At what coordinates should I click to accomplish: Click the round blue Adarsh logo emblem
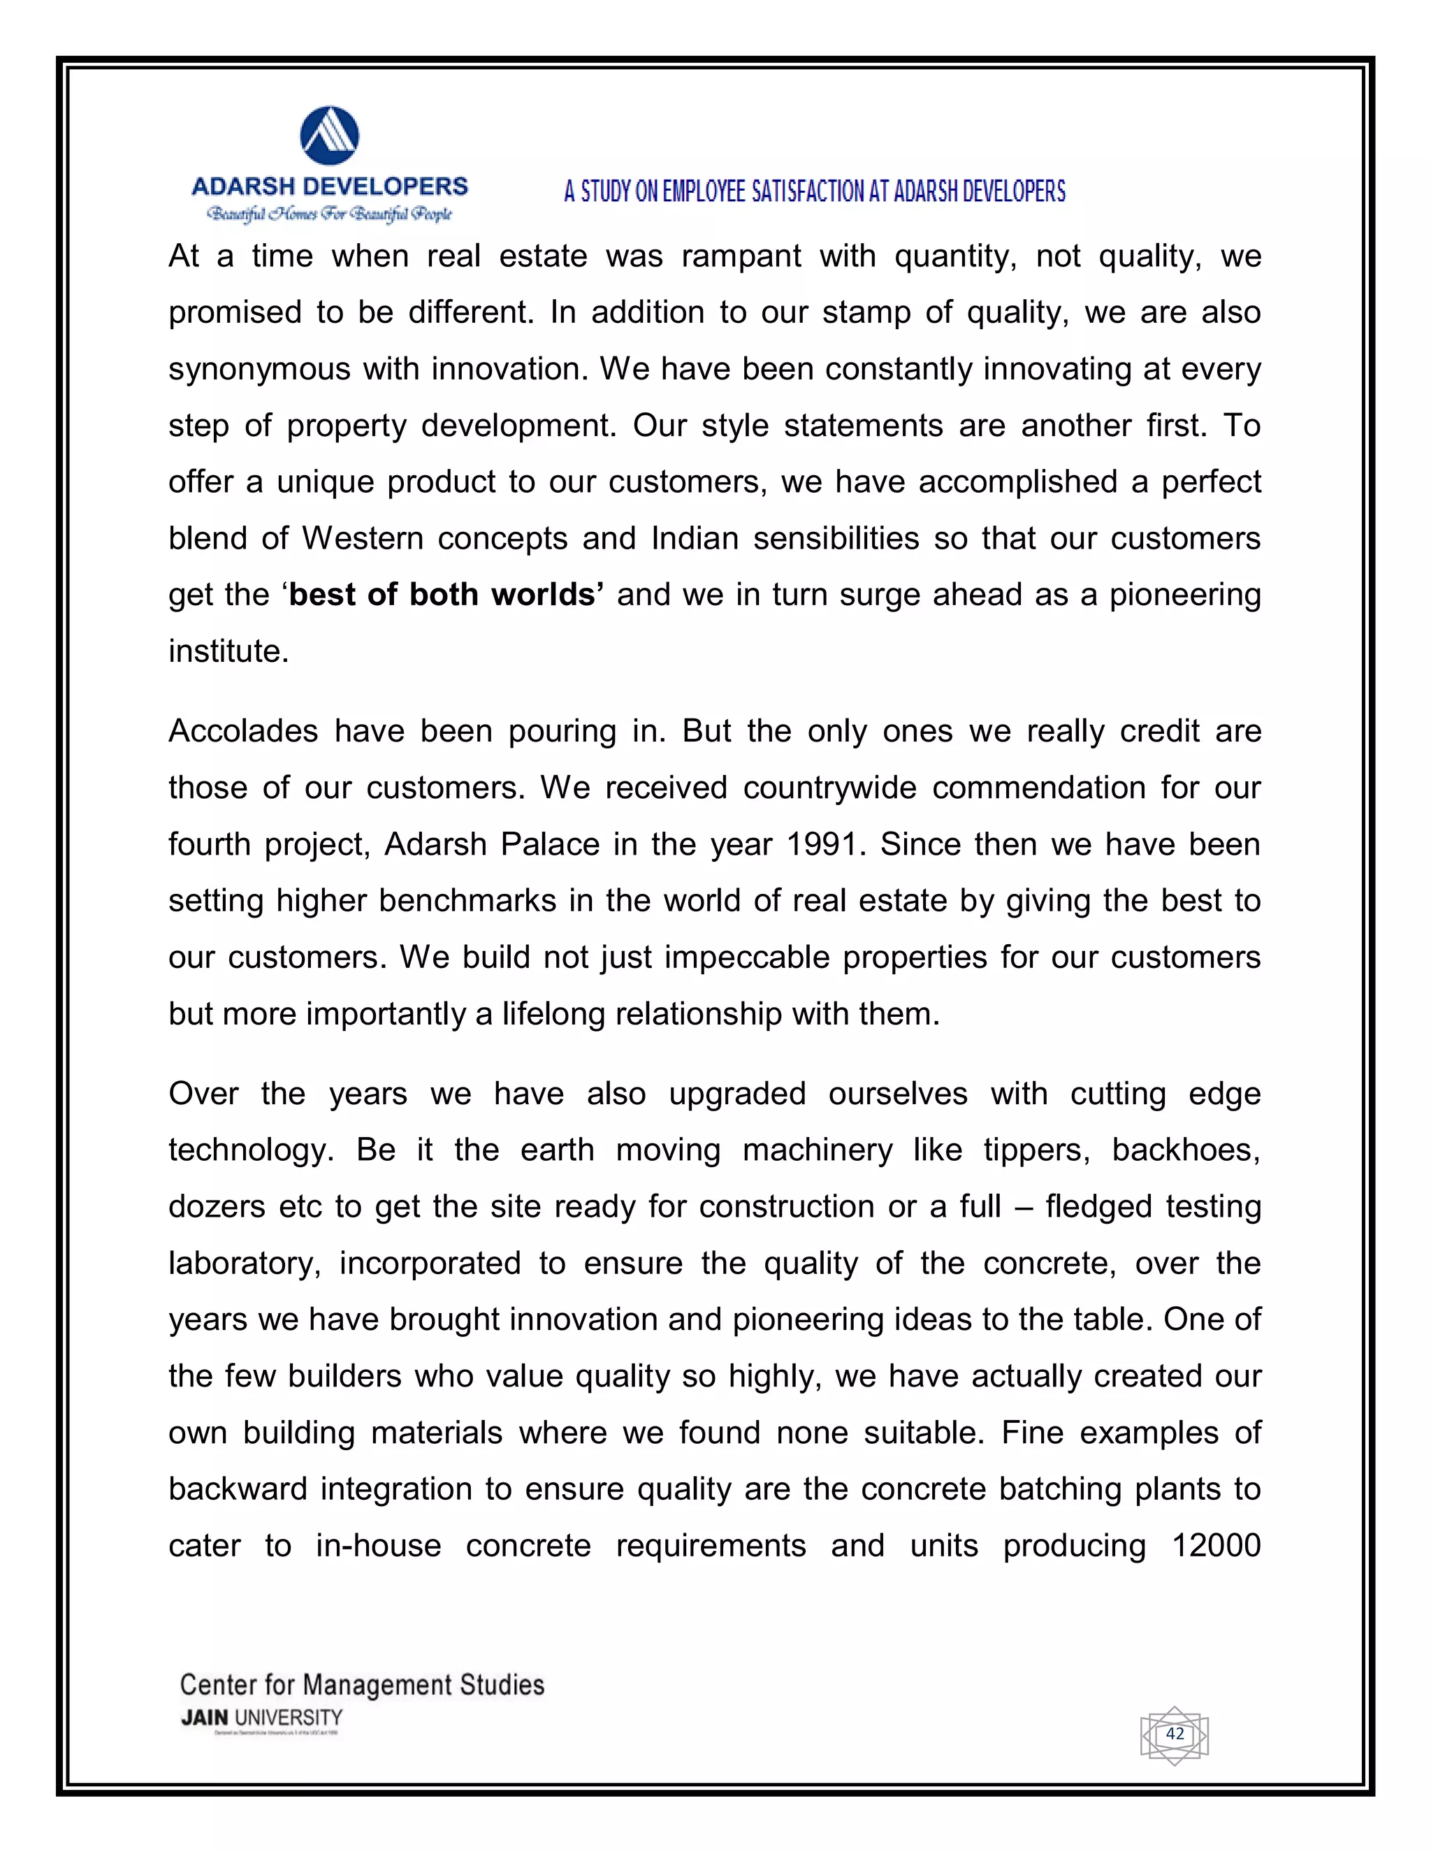point(330,136)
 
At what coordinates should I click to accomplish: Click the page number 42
point(1174,1733)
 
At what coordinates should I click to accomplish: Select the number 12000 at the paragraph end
point(1216,1546)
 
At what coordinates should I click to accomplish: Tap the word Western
point(362,538)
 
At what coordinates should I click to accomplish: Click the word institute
point(228,651)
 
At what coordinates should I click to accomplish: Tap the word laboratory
point(244,1264)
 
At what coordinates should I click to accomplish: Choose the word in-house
point(378,1546)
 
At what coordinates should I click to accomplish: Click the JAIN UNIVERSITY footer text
point(261,1718)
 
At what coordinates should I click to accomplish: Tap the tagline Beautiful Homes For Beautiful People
point(330,215)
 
